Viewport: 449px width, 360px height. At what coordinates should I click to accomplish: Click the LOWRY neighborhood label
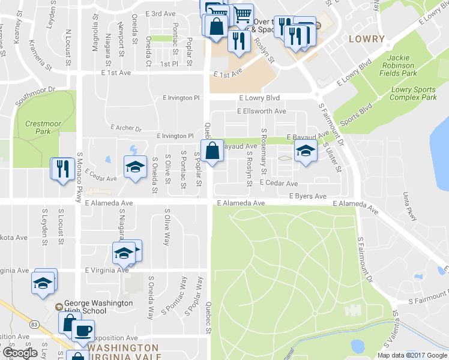coord(366,39)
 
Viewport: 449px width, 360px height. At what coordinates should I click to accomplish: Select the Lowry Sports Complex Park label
coord(413,93)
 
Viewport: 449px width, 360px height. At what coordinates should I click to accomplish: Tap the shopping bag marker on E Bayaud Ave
coord(212,151)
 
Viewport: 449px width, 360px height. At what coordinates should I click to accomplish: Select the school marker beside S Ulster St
coord(305,152)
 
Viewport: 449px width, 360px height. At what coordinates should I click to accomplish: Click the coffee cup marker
coord(83,331)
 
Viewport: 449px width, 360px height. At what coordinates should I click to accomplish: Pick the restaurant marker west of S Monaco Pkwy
coord(62,169)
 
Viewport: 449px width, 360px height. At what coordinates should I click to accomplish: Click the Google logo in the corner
coord(19,353)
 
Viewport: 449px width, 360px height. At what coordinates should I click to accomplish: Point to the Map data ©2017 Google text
coord(412,355)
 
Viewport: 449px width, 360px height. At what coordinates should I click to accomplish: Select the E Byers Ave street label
coord(307,196)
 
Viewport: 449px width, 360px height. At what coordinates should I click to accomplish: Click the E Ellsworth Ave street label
coord(262,111)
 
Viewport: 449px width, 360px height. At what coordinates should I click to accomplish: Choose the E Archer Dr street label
coord(126,128)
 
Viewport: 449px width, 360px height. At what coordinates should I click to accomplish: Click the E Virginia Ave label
coord(107,271)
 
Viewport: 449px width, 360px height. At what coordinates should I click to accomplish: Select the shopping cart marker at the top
coord(242,13)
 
